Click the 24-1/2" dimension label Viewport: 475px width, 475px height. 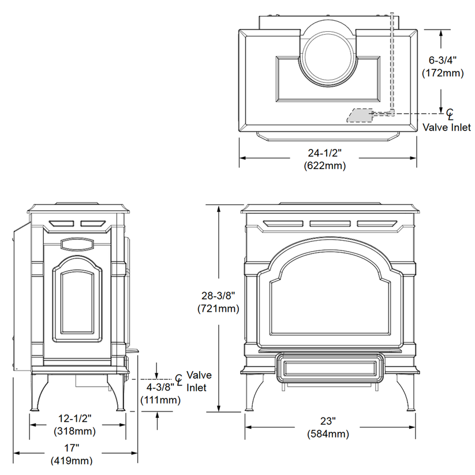click(x=324, y=154)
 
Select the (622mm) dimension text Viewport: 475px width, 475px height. click(x=324, y=166)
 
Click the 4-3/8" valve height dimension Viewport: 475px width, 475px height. click(x=160, y=387)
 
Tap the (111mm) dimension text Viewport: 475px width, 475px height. click(x=160, y=399)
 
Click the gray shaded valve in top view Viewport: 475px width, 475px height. click(x=359, y=115)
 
